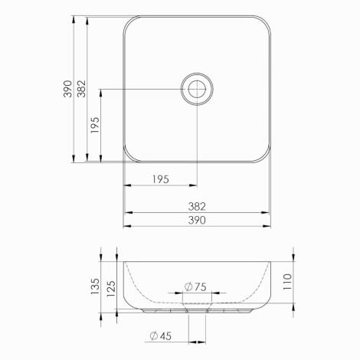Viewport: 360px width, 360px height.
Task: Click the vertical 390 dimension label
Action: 68,89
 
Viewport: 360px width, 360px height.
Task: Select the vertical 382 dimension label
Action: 82,89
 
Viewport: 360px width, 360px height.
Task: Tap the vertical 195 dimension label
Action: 95,125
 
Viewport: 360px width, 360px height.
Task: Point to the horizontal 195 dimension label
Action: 161,179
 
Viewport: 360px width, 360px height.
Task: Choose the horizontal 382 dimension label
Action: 197,207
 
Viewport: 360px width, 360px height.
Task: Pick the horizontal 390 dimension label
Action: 197,221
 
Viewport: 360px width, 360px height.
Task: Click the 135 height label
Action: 95,286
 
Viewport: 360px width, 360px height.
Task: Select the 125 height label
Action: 111,289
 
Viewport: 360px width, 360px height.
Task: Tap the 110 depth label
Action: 287,282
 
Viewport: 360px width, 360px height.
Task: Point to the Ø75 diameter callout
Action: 195,286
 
